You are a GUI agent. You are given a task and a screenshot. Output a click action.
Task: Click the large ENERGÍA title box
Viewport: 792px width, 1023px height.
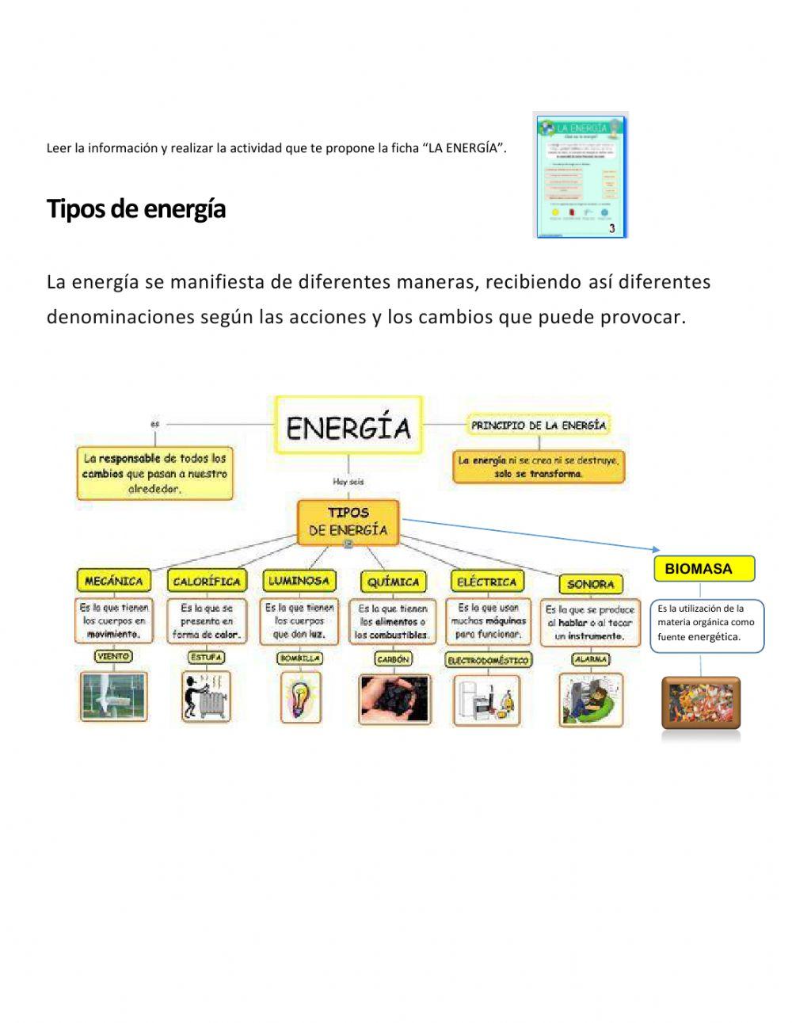tap(348, 427)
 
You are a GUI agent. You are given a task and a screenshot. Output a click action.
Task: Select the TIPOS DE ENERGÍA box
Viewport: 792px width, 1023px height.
tap(348, 521)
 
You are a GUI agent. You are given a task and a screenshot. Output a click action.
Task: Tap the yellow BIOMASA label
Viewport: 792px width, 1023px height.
tap(704, 569)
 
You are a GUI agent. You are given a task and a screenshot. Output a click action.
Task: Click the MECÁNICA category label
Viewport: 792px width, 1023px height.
tap(113, 581)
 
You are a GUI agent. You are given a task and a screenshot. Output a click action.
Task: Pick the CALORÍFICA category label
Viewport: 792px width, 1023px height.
tap(206, 581)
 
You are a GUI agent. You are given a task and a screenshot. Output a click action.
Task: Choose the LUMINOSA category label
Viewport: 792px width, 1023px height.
tap(298, 581)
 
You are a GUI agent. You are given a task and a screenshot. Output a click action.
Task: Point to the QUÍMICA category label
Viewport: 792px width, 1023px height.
tap(393, 582)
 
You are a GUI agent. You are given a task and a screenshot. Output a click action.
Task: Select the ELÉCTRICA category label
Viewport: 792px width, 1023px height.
tap(486, 582)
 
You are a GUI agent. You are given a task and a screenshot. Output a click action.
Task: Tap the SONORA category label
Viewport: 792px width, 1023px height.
tap(590, 584)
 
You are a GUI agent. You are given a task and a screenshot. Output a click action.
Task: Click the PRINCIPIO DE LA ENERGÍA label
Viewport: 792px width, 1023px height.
tap(539, 426)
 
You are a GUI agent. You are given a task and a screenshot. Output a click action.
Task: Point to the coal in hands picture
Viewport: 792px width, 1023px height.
tap(394, 699)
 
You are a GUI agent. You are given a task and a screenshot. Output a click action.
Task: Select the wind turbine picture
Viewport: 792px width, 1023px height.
tap(113, 697)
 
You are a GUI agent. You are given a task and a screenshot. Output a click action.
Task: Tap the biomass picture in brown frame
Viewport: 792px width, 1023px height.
tap(701, 703)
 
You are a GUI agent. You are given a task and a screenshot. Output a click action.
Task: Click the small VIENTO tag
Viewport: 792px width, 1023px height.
tap(113, 656)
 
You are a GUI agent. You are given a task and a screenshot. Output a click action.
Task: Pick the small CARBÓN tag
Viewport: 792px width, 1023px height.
tap(393, 658)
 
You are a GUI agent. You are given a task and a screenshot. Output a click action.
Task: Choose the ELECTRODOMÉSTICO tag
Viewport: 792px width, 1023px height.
tap(487, 659)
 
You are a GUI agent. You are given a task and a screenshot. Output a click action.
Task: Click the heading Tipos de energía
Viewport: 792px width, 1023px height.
tap(136, 209)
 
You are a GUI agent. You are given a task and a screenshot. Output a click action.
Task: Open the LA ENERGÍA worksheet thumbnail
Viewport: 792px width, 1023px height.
tap(581, 175)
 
